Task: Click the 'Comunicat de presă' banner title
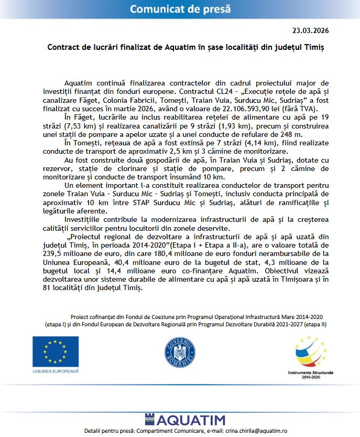179,8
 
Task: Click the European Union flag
55,351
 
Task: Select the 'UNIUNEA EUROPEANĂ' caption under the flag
55,371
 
